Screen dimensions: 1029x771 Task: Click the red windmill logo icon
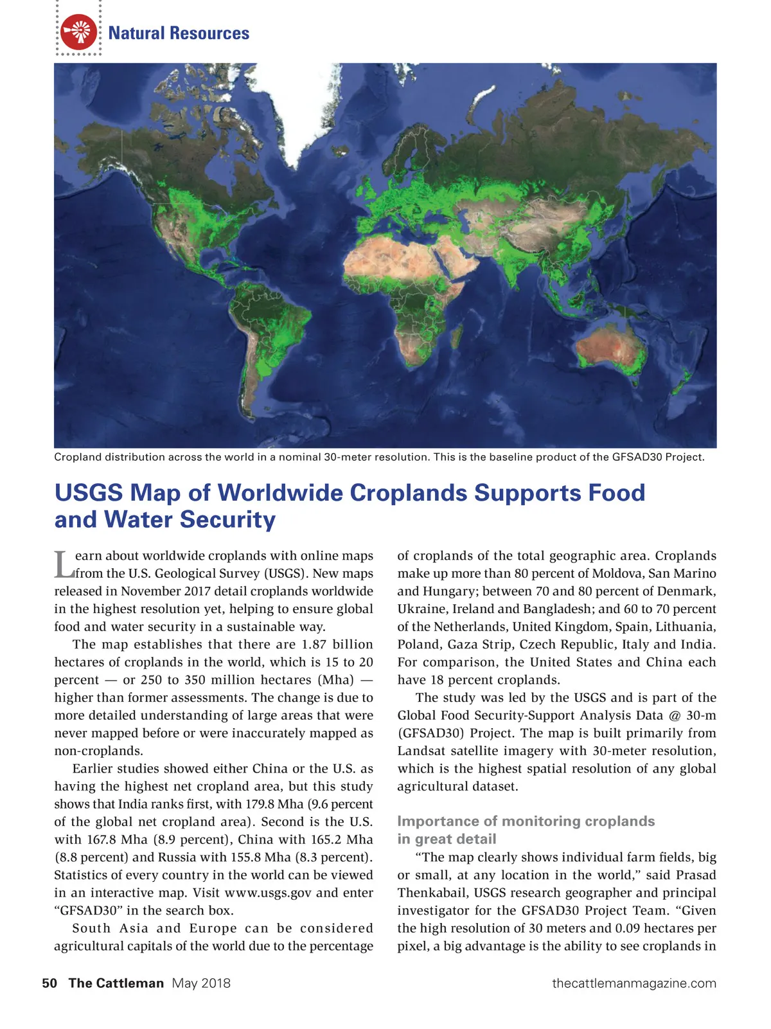(78, 32)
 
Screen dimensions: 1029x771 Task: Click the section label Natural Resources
(179, 33)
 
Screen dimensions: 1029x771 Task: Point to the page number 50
(49, 983)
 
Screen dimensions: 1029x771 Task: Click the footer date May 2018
(201, 983)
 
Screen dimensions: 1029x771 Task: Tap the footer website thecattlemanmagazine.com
(634, 983)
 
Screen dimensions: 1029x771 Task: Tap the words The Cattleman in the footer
(116, 983)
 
